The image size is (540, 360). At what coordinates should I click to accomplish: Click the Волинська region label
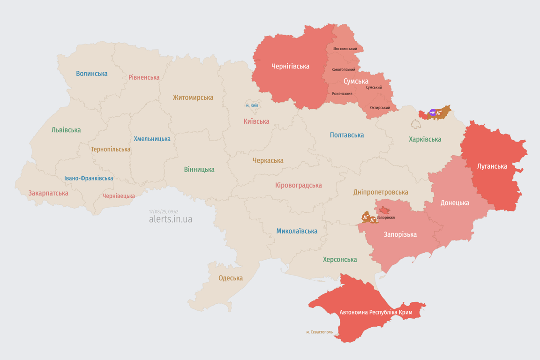[91, 74]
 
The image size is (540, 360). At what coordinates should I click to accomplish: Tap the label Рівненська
[144, 77]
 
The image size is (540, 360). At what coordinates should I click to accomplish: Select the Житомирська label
[193, 97]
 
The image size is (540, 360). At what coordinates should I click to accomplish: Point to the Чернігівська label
[290, 66]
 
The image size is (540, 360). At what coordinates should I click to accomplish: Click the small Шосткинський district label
[345, 49]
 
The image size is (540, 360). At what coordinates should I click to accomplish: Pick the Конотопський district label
[343, 69]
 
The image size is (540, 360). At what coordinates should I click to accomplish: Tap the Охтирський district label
[380, 108]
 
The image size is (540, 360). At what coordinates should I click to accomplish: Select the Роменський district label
[342, 94]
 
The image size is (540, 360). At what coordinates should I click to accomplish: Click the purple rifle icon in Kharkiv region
[433, 112]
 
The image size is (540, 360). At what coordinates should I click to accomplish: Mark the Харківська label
[425, 139]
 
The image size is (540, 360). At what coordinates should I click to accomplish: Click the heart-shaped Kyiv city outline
[252, 104]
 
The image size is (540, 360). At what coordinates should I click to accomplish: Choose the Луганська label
[492, 166]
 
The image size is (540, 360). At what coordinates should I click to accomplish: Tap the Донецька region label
[454, 203]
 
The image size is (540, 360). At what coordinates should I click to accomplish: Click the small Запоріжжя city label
[385, 217]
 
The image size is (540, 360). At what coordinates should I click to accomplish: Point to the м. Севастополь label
[319, 332]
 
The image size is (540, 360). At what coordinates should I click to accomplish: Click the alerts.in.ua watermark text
[170, 219]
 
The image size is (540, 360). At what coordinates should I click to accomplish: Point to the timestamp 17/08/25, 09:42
[164, 212]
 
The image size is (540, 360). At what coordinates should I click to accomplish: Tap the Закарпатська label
[48, 193]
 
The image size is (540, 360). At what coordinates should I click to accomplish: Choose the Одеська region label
[231, 278]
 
